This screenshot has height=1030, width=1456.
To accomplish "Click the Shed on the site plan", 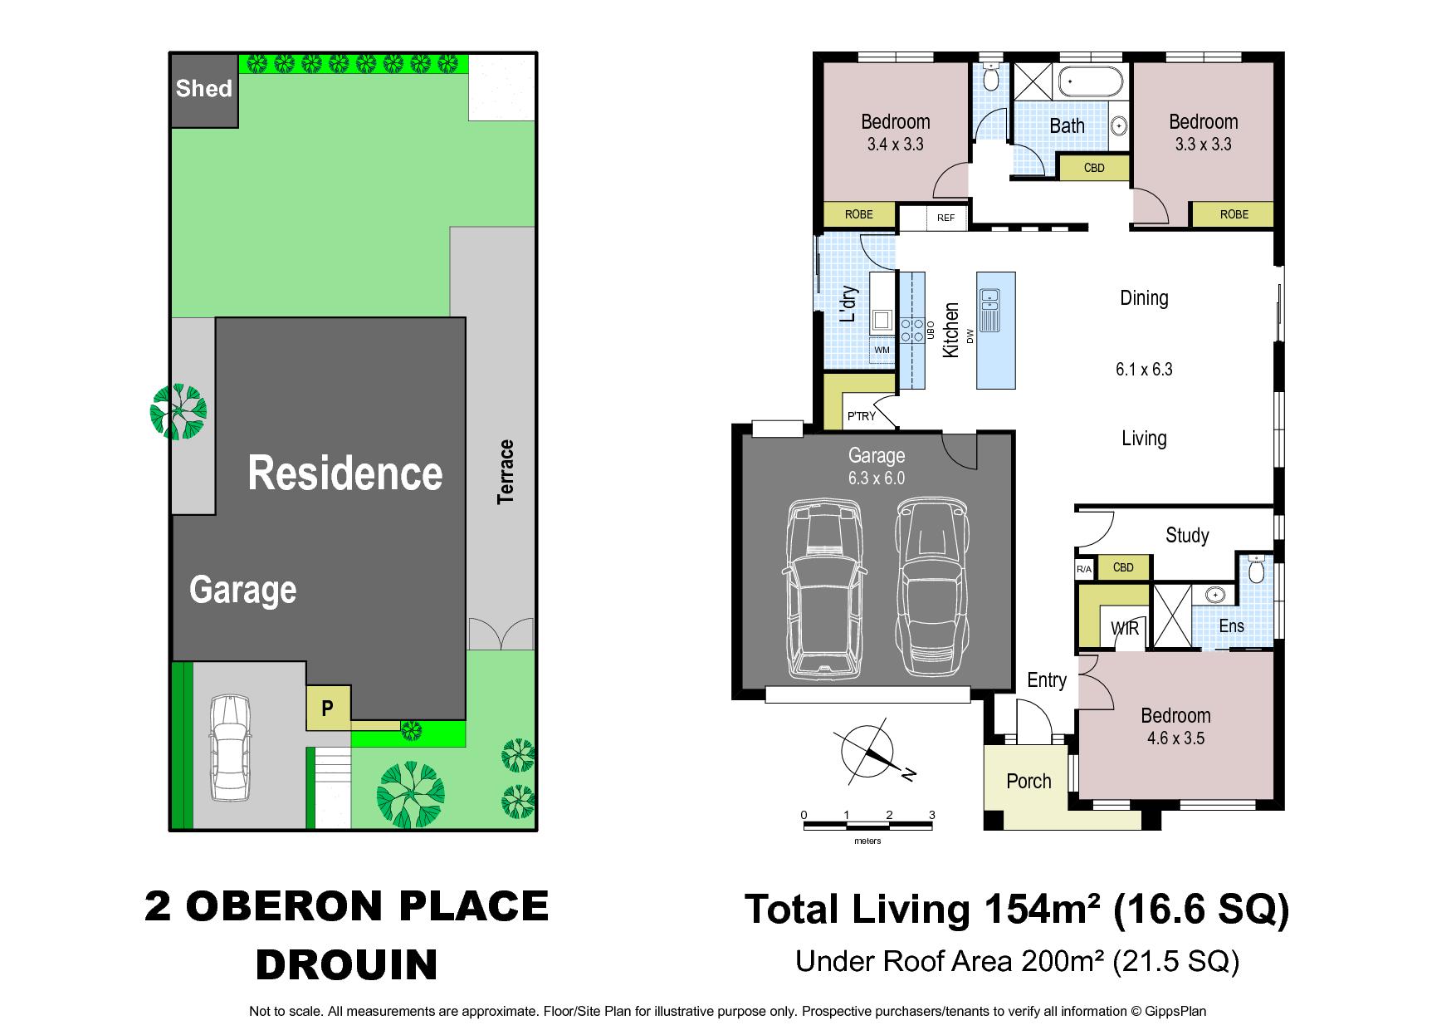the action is [x=204, y=90].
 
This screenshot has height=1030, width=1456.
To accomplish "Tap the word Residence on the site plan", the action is [x=345, y=473].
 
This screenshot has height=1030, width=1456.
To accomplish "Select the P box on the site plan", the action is [x=328, y=708].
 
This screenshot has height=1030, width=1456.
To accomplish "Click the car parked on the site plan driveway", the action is [x=230, y=748].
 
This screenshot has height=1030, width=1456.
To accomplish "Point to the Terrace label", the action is [x=506, y=472].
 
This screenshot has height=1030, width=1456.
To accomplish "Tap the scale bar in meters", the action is [x=867, y=823].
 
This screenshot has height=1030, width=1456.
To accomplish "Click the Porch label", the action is [x=1028, y=781].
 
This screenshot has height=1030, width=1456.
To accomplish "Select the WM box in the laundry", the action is [x=882, y=350].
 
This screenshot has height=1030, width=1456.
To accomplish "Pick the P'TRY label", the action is [x=861, y=416].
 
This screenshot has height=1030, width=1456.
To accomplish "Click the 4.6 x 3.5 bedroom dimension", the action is [x=1175, y=738].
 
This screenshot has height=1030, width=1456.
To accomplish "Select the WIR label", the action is [x=1125, y=628].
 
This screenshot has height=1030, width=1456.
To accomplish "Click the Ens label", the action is [x=1231, y=625].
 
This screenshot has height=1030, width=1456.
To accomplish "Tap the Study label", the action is [x=1187, y=535].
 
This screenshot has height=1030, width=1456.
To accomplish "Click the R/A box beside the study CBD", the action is [x=1084, y=569].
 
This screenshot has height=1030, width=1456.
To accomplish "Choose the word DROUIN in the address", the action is [x=346, y=964].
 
